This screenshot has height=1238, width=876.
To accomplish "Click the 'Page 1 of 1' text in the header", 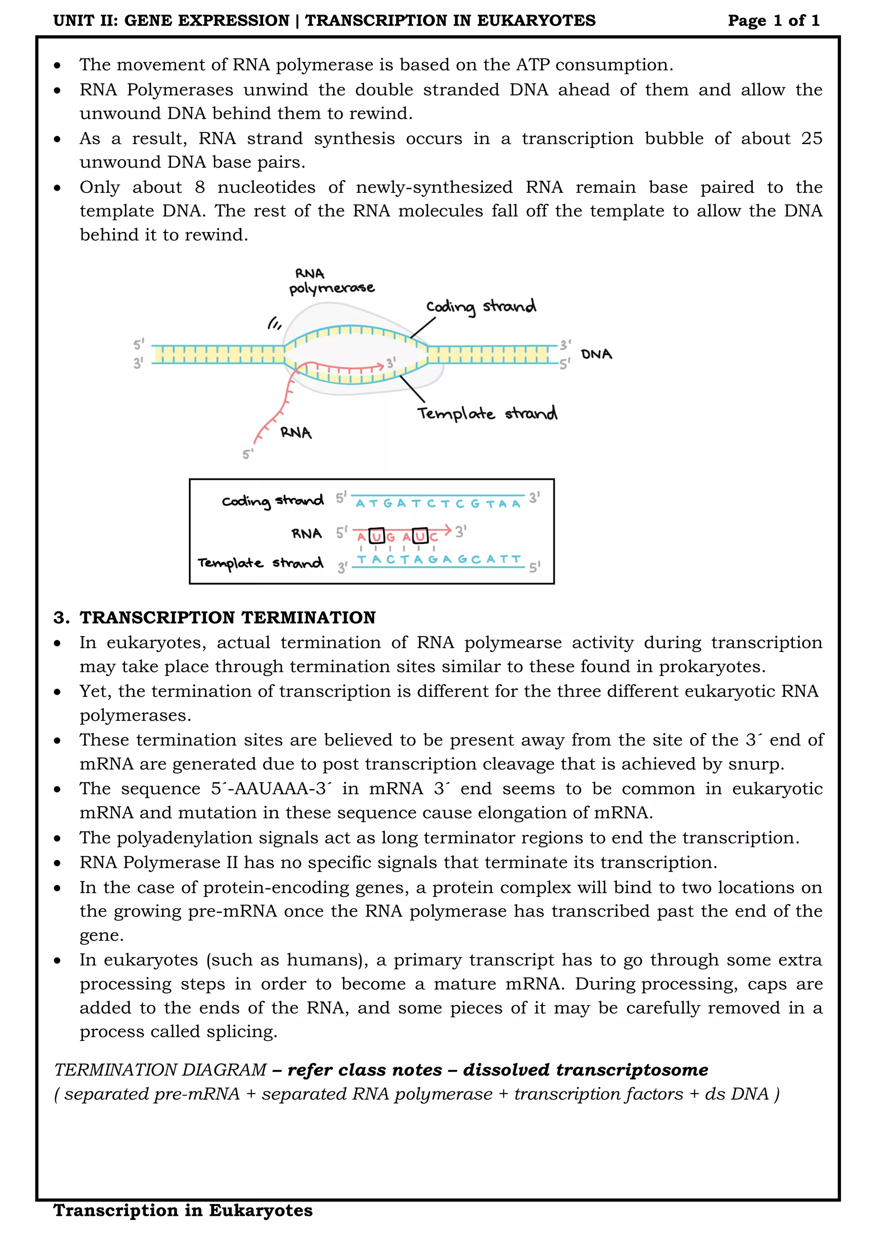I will (773, 21).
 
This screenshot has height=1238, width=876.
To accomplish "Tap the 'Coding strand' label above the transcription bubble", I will (481, 306).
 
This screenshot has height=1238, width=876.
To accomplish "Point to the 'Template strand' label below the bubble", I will (486, 413).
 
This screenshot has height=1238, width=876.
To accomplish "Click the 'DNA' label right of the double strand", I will (596, 354).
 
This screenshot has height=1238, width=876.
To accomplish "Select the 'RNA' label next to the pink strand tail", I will (296, 433).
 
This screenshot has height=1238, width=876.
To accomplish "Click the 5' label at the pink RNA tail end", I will (248, 454).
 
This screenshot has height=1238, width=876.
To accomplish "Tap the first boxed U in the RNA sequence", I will (376, 536).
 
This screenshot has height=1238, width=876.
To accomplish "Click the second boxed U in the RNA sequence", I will (420, 536).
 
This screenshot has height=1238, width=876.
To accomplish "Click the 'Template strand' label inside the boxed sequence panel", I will (260, 563).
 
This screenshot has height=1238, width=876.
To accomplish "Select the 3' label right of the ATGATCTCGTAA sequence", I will (533, 497).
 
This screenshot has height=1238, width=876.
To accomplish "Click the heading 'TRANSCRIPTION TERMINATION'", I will (227, 617).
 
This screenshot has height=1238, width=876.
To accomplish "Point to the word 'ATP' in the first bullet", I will (533, 65).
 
